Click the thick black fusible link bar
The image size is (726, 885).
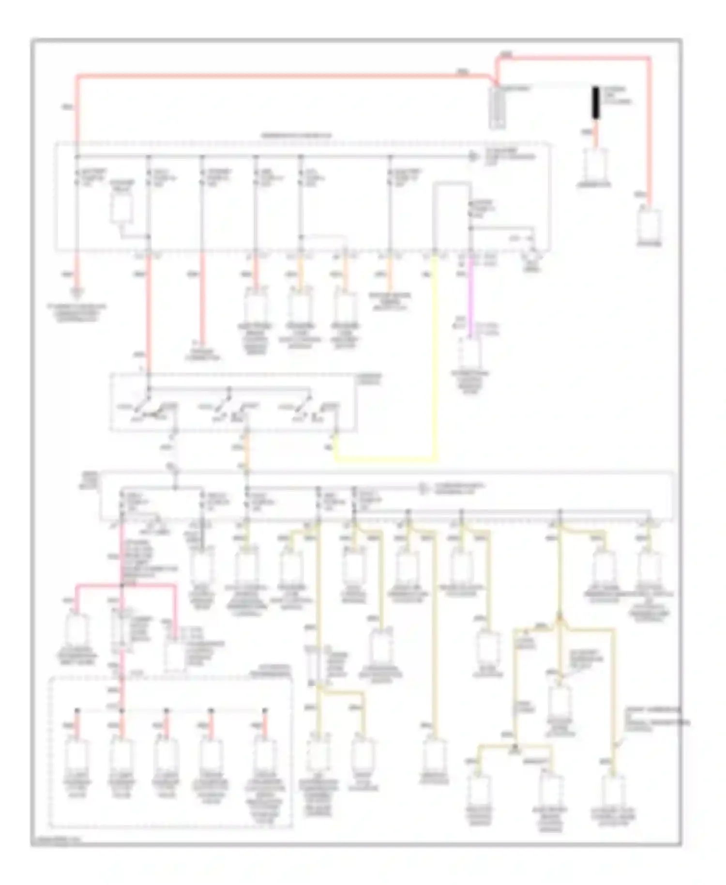[x=596, y=102]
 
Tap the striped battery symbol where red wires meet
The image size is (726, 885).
[x=498, y=107]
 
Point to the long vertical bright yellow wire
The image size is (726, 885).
[x=435, y=353]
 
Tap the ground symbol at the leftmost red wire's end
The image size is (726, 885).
[x=77, y=292]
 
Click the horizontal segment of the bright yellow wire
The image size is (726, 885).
[x=385, y=458]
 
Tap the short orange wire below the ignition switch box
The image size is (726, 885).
[x=246, y=455]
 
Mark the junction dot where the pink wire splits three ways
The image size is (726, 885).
[x=121, y=585]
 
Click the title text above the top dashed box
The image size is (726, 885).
[x=297, y=136]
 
